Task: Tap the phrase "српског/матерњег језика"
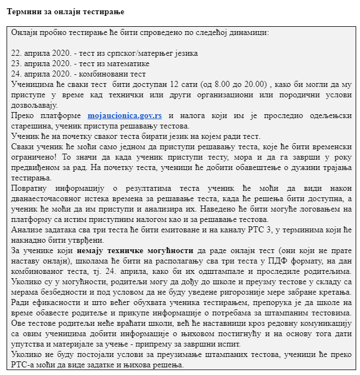154,53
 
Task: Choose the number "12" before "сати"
174,84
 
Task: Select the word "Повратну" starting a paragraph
28,188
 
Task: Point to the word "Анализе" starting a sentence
26,230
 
